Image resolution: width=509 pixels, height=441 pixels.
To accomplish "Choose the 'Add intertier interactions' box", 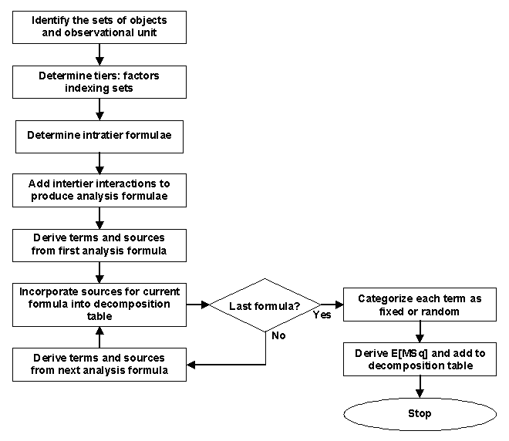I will [99, 190].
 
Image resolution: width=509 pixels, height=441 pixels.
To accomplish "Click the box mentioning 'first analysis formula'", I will [99, 244].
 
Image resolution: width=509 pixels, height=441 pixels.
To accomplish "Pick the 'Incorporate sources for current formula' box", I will [99, 305].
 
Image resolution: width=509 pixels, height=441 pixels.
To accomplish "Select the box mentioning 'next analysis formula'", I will [99, 363].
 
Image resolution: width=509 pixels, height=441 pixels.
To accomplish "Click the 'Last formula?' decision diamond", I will [265, 306].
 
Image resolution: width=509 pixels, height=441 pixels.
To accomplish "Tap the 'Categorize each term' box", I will [420, 305].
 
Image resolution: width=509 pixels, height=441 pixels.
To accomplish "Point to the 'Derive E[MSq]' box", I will [420, 359].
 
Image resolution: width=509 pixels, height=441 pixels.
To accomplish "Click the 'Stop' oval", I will [420, 414].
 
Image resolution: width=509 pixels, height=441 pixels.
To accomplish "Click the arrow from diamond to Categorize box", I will [330, 305].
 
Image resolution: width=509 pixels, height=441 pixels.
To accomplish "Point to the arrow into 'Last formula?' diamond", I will [198, 305].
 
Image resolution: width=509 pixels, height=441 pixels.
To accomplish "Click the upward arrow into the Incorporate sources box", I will [99, 336].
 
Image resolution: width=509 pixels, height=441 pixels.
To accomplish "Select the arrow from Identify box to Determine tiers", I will [99, 54].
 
